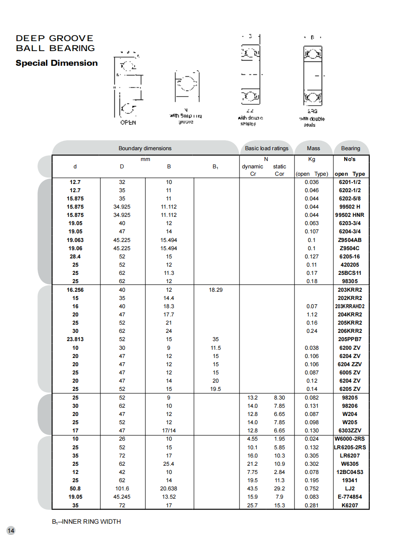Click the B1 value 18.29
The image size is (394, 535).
coord(216,290)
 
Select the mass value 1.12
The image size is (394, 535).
coord(312,315)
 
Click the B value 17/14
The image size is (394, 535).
coord(169,431)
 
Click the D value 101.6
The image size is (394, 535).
coord(122,489)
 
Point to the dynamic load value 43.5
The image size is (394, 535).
coord(252,489)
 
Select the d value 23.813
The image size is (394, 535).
coord(75,339)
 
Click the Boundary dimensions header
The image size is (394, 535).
coord(145,148)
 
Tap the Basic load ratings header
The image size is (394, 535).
coord(266,148)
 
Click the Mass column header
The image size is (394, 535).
coord(313,148)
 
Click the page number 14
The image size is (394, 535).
coord(11,531)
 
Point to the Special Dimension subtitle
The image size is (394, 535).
coord(57,63)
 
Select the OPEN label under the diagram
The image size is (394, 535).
coord(128,122)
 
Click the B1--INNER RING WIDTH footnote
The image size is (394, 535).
coord(87,522)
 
